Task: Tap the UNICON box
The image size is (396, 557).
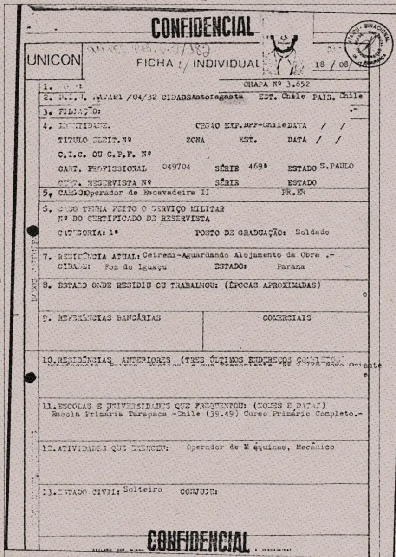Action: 53,61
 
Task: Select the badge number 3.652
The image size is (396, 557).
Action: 299,84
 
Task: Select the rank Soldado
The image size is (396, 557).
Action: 312,233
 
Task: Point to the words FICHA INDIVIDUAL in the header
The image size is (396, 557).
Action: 197,63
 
